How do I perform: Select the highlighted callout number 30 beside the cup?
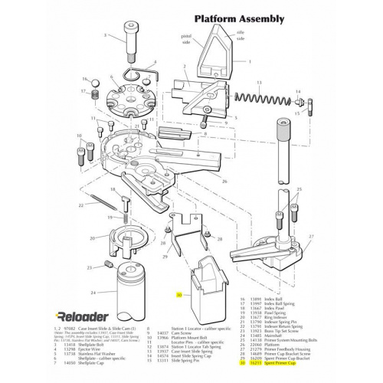pyautogui.click(x=179, y=294)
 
